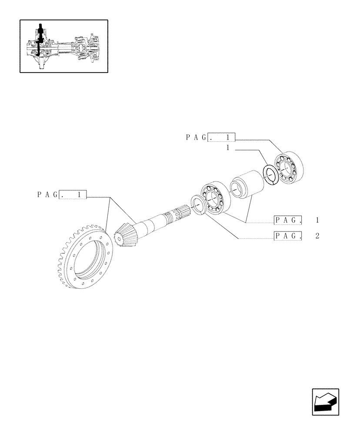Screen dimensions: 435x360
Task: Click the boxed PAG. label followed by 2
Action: [288, 236]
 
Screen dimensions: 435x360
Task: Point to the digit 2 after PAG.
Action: [317, 236]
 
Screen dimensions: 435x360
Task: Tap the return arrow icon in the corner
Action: [325, 401]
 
